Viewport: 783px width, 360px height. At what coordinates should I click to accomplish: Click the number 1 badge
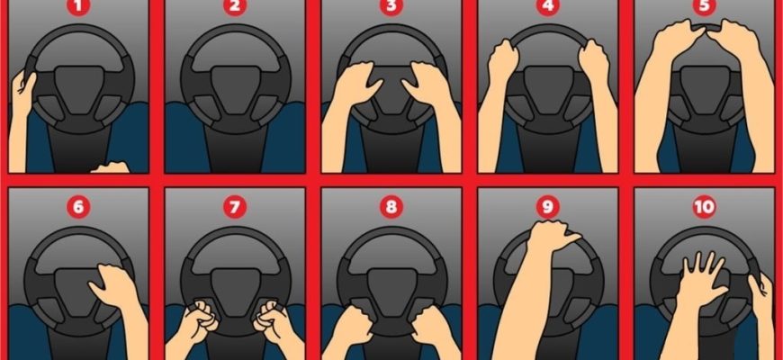click(x=78, y=6)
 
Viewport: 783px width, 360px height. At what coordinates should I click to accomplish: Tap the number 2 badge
click(x=235, y=6)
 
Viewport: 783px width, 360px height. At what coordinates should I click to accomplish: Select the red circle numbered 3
click(x=391, y=6)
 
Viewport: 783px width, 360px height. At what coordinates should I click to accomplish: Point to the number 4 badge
click(x=548, y=6)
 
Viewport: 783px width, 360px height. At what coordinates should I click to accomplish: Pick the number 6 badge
click(x=78, y=206)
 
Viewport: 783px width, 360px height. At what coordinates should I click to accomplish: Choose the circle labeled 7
click(x=235, y=206)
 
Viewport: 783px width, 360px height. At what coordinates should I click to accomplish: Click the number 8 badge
click(x=391, y=206)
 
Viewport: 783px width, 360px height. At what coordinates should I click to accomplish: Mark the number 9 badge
click(x=548, y=206)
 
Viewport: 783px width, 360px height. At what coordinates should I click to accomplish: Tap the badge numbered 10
click(x=705, y=206)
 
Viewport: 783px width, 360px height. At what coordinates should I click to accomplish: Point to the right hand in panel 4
click(x=593, y=61)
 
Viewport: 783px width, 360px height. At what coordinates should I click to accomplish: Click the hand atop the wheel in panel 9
click(x=551, y=236)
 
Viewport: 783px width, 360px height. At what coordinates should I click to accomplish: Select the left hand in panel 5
click(x=677, y=40)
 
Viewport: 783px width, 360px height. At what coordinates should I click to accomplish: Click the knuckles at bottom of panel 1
click(x=111, y=167)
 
